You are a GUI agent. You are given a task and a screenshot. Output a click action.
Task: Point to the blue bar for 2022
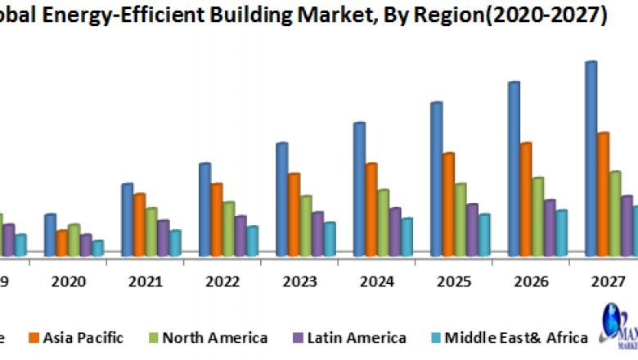(x=204, y=209)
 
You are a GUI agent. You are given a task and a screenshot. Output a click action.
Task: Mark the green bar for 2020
(x=74, y=240)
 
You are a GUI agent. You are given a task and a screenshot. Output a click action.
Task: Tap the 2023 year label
(x=300, y=282)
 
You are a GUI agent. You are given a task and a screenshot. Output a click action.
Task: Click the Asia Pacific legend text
(x=83, y=337)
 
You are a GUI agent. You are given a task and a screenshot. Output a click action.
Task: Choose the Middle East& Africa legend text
(x=517, y=337)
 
